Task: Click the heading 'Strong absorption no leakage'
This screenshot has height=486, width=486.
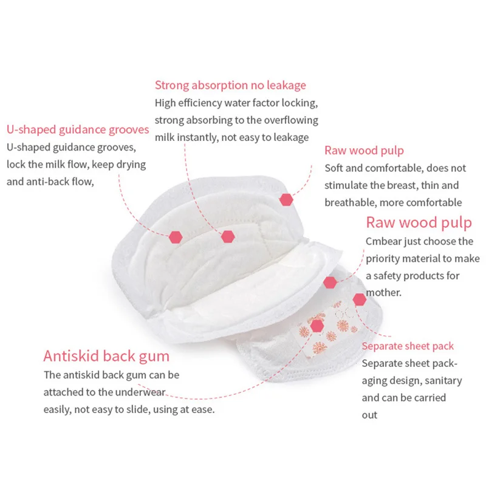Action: click(230, 85)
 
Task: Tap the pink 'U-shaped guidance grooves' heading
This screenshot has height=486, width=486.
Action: click(78, 129)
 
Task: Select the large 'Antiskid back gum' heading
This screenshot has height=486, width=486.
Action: click(106, 355)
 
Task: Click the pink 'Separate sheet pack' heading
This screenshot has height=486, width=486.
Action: click(408, 346)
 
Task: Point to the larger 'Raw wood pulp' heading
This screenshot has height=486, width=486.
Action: click(419, 222)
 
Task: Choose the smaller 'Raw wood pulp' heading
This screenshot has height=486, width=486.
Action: click(364, 150)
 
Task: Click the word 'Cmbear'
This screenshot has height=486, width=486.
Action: click(383, 241)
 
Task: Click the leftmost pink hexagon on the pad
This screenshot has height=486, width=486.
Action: click(176, 236)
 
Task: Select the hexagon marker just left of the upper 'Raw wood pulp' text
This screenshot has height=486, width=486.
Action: click(286, 199)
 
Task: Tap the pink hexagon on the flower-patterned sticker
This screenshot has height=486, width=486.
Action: click(316, 326)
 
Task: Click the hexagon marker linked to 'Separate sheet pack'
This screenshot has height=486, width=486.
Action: click(359, 299)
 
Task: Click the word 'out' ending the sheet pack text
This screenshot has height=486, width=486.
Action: click(369, 415)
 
